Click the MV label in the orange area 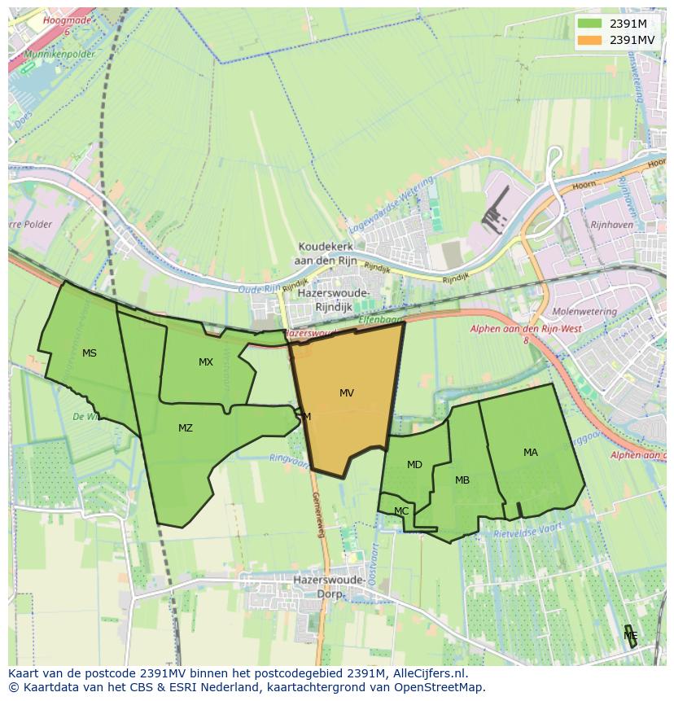click(347, 393)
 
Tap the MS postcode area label click(90, 353)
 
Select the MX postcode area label click(206, 362)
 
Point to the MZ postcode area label click(186, 428)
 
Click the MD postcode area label click(414, 465)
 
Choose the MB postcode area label click(462, 480)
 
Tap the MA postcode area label click(531, 453)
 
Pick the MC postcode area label click(401, 511)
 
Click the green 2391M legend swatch click(589, 24)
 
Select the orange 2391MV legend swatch click(589, 40)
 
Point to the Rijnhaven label click(612, 225)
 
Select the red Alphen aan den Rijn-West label click(526, 329)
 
